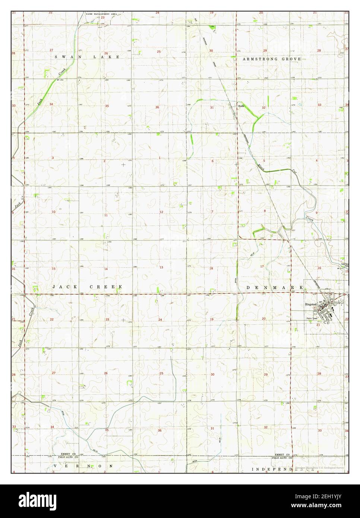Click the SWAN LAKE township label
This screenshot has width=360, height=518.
pyautogui.click(x=87, y=57)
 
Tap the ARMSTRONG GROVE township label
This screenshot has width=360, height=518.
pyautogui.click(x=271, y=59)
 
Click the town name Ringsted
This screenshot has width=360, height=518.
pyautogui.click(x=310, y=304)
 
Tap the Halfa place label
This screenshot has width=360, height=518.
pyautogui.click(x=241, y=106)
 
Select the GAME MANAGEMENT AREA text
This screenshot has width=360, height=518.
pyautogui.click(x=102, y=14)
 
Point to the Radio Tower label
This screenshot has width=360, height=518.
pyautogui.click(x=312, y=318)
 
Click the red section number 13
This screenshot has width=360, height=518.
pyautogui.click(x=161, y=267)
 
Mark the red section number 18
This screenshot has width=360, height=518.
pyautogui.click(x=211, y=268)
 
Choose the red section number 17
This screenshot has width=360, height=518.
pyautogui.click(x=262, y=266)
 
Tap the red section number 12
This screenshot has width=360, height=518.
pyautogui.click(x=161, y=212)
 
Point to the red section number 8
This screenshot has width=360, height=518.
pyautogui.click(x=265, y=211)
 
